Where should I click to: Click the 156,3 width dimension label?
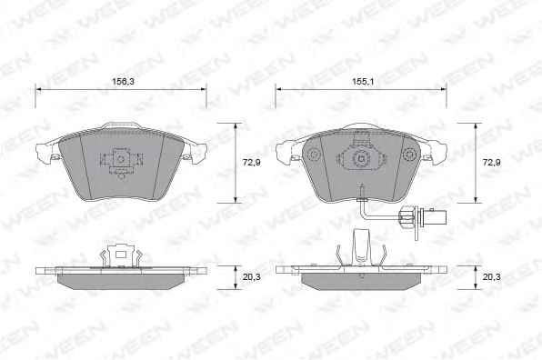coord(123,82)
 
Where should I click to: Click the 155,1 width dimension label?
coord(363,82)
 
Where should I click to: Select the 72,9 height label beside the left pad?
coord(251,162)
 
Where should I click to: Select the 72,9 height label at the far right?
coord(492,162)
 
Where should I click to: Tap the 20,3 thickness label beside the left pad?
coord(251,276)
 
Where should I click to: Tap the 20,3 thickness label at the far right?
coord(492,276)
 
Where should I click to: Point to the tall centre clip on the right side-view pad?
coord(362,247)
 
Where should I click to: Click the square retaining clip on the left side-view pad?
coord(121,255)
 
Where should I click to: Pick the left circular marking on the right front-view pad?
coord(314,154)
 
